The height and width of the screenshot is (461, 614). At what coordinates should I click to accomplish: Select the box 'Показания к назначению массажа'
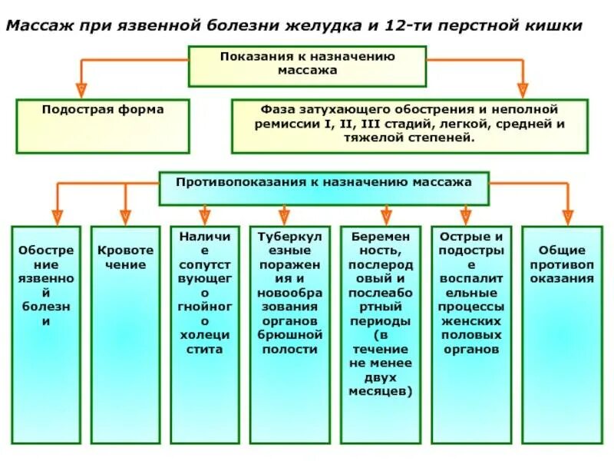[x=307, y=65]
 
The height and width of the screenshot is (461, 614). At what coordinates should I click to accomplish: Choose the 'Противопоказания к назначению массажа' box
[x=323, y=187]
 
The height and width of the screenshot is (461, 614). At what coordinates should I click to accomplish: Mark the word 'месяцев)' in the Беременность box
[x=381, y=391]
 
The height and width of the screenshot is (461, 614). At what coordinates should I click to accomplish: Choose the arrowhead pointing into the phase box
[x=523, y=89]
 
